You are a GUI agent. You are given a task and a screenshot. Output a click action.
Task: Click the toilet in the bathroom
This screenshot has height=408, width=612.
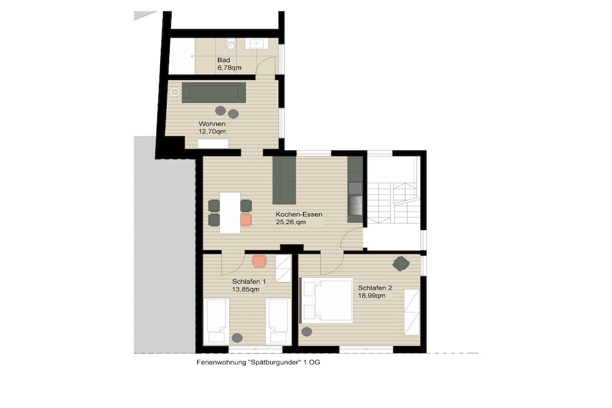(x=231, y=44)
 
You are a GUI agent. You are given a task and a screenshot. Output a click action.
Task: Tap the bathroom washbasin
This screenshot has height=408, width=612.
(x=256, y=43)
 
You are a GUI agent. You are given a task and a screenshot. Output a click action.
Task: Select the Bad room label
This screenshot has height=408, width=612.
(x=224, y=60)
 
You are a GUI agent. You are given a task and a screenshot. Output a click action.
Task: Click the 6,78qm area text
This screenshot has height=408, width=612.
(x=229, y=68)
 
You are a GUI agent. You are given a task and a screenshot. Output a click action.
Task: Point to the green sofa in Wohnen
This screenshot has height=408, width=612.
(x=214, y=93)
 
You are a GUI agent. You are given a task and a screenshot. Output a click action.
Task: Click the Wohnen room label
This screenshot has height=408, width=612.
(x=212, y=124)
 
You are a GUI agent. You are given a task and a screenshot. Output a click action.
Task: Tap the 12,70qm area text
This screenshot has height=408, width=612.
(x=212, y=132)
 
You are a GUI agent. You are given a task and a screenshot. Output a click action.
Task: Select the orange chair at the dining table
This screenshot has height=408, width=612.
(x=246, y=220)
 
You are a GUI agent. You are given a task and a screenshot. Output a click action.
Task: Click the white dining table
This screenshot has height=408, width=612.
(x=230, y=213)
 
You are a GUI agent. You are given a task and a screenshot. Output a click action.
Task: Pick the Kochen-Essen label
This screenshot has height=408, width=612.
(x=299, y=214)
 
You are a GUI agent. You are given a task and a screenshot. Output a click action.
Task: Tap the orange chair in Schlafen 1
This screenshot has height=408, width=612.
(x=259, y=261)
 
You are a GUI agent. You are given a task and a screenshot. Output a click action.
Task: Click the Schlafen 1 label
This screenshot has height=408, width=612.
(x=249, y=281)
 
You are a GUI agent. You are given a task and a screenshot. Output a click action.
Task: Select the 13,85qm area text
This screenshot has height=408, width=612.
(x=246, y=289)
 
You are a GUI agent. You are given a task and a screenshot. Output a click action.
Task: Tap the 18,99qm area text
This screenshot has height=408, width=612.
(x=372, y=296)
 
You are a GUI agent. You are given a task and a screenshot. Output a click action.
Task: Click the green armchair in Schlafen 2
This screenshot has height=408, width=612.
(x=401, y=263)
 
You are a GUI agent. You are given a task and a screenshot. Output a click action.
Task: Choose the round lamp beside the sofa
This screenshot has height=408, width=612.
(x=175, y=92)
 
